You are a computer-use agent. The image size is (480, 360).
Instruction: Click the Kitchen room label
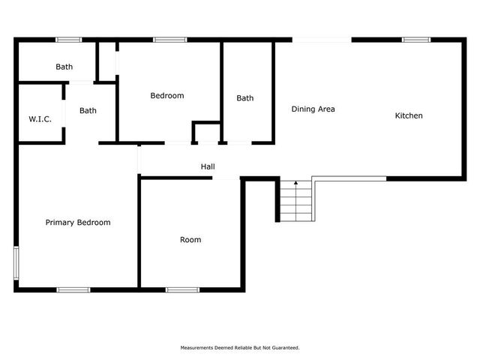(409, 115)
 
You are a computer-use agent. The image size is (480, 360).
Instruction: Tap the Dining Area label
(313, 109)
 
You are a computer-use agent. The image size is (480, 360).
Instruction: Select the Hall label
(208, 166)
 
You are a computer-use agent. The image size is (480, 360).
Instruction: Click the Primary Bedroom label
(78, 222)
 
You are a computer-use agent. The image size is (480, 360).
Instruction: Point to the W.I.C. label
(40, 118)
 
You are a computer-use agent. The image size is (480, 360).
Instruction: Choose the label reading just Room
(190, 240)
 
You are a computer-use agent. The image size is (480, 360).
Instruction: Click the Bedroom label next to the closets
(167, 95)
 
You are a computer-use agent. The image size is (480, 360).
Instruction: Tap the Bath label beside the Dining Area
(245, 98)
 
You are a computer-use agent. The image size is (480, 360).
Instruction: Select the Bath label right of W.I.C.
(88, 111)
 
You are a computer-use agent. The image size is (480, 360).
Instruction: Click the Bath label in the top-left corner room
(64, 67)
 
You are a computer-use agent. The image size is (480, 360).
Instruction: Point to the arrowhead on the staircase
(295, 182)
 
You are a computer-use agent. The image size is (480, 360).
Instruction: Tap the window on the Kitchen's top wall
(416, 39)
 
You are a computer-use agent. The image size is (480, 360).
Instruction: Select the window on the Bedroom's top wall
(170, 39)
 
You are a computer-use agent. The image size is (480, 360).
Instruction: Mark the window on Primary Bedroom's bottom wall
(73, 289)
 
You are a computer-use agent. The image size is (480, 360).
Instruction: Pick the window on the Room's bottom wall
(182, 289)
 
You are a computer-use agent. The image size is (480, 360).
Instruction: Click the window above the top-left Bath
(69, 39)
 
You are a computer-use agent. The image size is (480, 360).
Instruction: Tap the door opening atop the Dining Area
(322, 39)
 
